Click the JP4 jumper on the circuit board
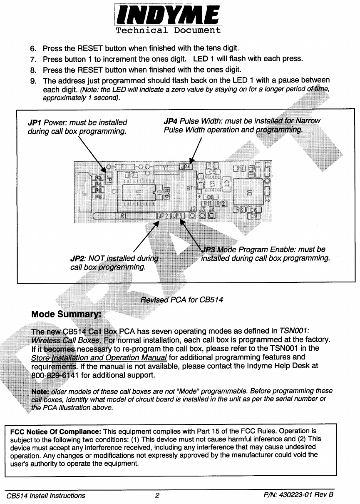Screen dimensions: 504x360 [186, 167]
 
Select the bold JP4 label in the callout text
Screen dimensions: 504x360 [170, 121]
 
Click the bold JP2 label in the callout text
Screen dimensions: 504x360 [77, 258]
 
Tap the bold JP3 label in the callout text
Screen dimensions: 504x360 [208, 250]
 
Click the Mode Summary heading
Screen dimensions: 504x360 [66, 314]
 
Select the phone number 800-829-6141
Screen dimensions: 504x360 [55, 375]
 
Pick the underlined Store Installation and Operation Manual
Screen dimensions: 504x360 [99, 358]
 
